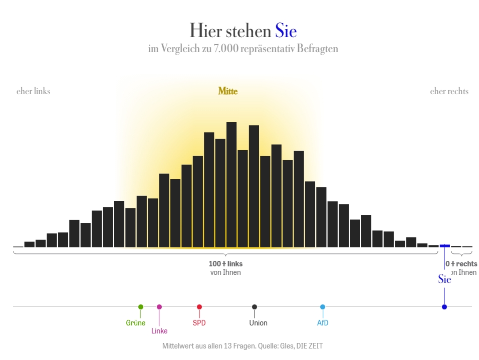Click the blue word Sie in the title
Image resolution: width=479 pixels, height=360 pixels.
tap(286, 31)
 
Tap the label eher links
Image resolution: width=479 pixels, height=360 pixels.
tap(33, 91)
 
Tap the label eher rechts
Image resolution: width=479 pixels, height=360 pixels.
tap(449, 91)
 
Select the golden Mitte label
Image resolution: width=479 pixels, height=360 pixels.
tap(228, 91)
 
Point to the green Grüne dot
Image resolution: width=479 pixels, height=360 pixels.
tap(141, 307)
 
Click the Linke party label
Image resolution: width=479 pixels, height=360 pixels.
tap(159, 331)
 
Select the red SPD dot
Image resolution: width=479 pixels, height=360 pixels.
tap(199, 307)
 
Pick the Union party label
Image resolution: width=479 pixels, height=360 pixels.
tap(258, 323)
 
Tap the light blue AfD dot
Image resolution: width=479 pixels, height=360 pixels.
tap(323, 307)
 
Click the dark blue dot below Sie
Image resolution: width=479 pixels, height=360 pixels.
tap(444, 307)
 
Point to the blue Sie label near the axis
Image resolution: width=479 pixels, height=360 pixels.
tap(444, 279)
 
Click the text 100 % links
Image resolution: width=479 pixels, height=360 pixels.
tap(225, 264)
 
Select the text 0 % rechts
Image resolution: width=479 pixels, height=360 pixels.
tap(461, 264)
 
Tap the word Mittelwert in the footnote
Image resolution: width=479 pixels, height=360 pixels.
tap(178, 346)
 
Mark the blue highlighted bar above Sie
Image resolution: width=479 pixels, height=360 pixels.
tap(444, 246)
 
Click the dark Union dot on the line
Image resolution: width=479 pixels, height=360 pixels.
tap(255, 307)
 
